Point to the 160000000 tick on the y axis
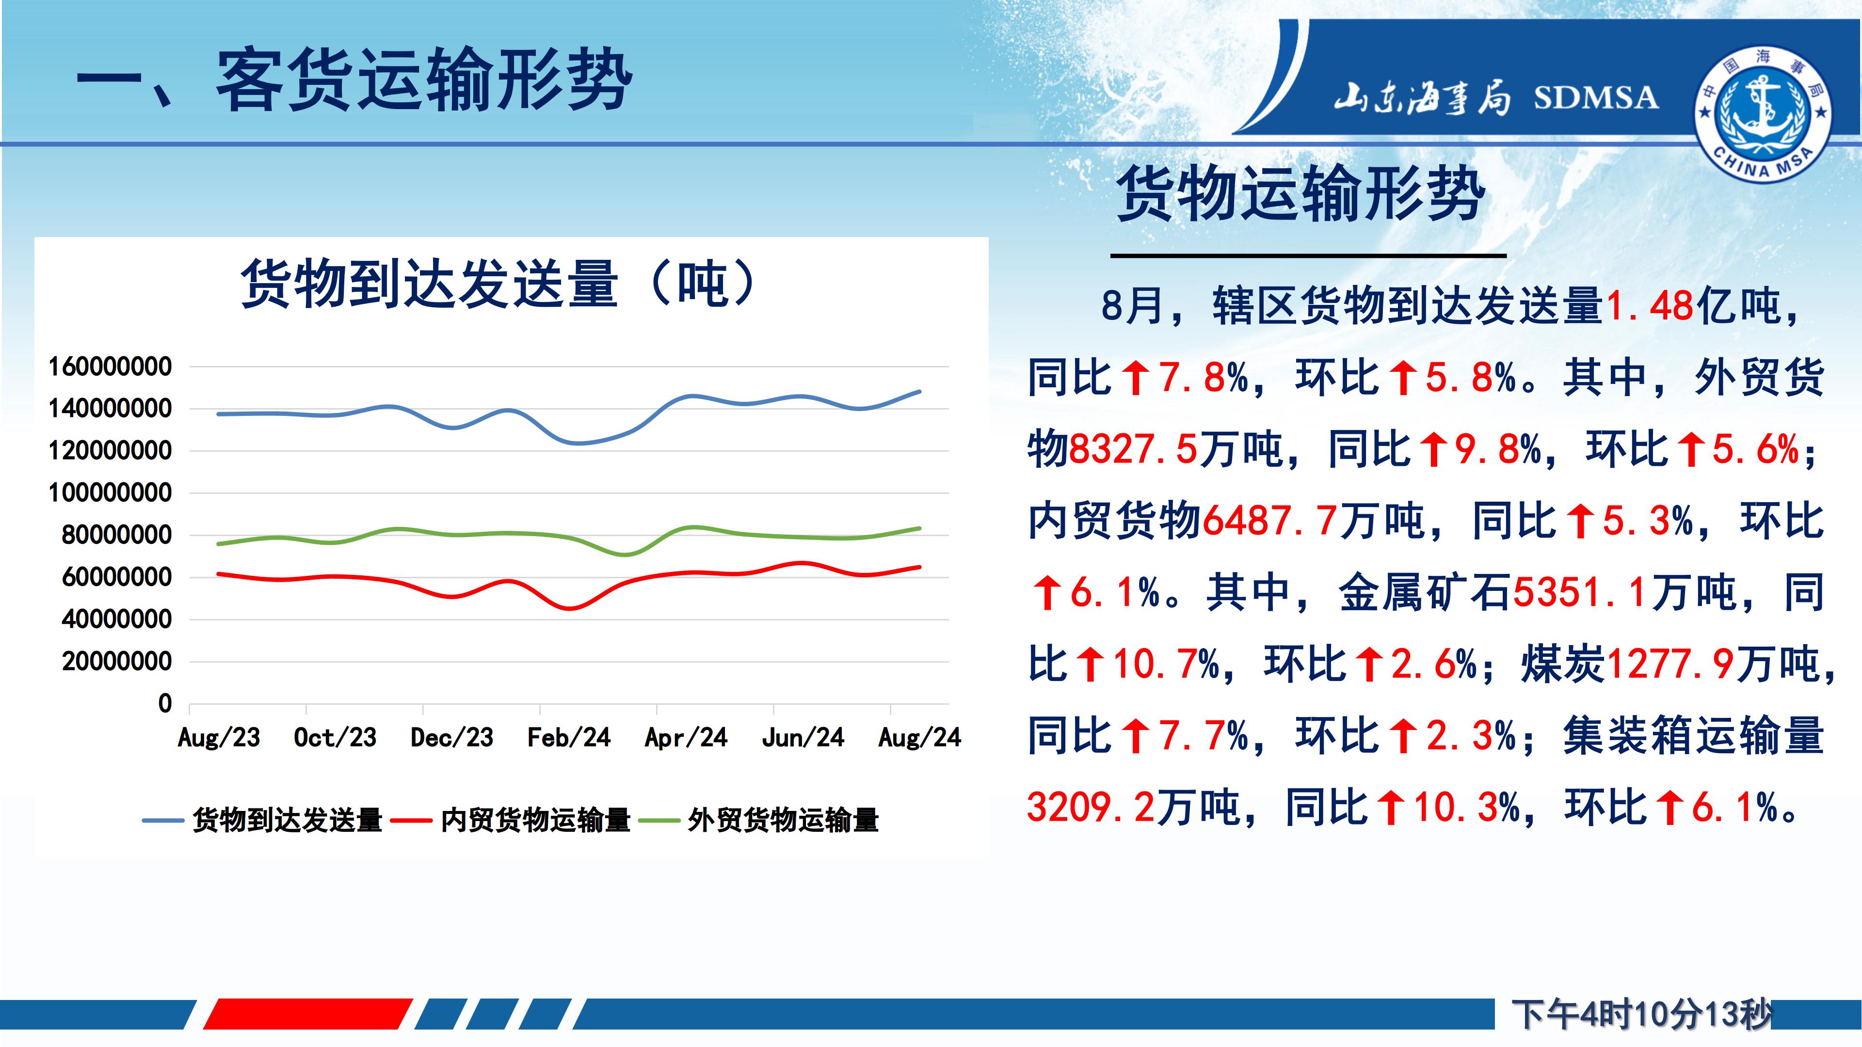pos(110,367)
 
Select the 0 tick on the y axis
pos(165,703)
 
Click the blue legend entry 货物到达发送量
pos(262,820)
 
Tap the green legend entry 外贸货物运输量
pos(759,820)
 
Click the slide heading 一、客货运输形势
pos(354,79)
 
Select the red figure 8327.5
pos(1133,449)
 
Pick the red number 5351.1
pos(1581,592)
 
